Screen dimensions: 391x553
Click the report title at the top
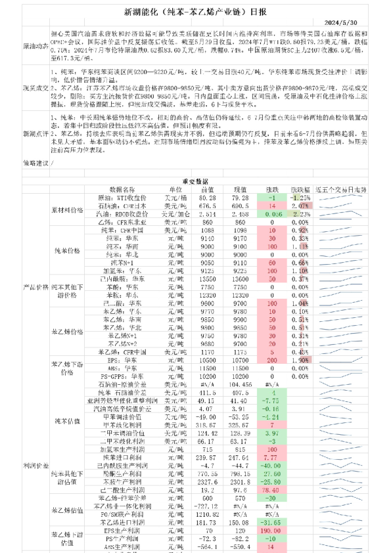click(195, 11)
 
